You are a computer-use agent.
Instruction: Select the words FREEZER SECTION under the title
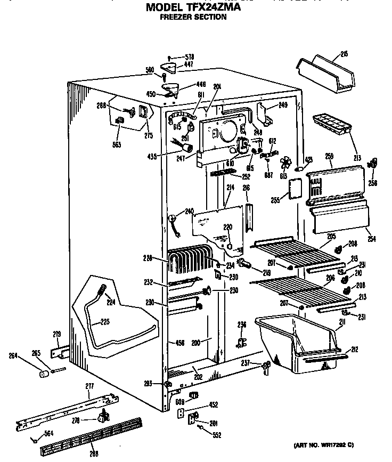(193, 17)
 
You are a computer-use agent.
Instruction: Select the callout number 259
(329, 156)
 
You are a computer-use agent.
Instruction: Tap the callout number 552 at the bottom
(217, 435)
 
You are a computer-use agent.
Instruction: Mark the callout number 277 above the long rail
(89, 386)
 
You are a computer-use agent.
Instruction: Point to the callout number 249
(283, 105)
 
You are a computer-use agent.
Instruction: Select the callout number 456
(179, 343)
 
